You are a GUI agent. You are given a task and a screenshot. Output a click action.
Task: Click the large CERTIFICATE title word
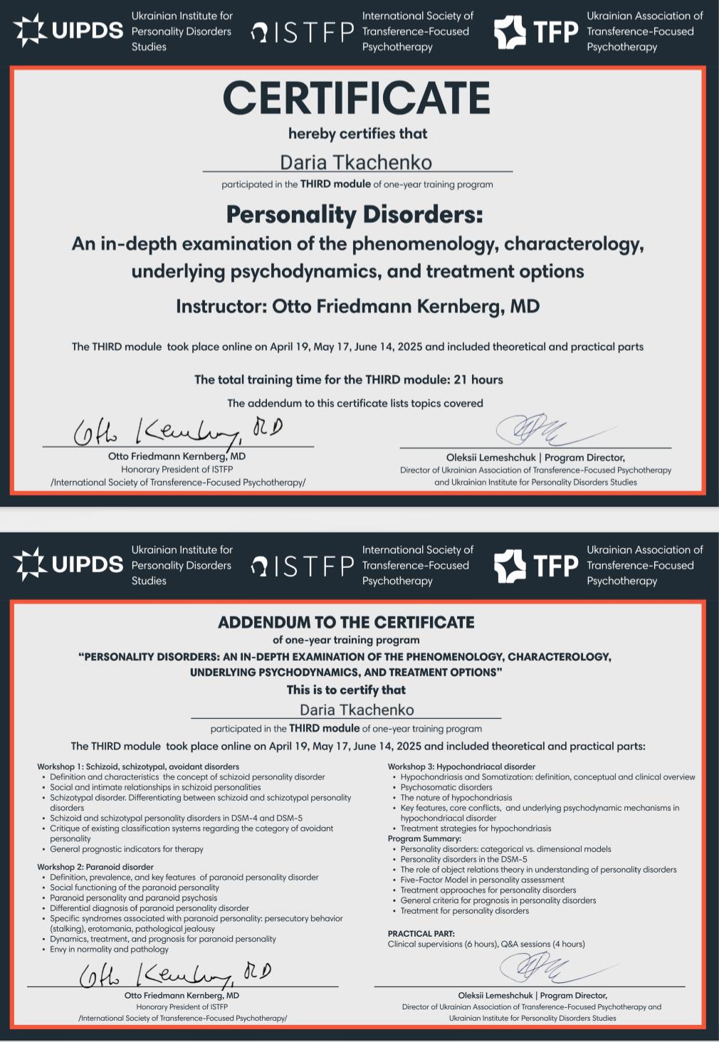click(x=357, y=98)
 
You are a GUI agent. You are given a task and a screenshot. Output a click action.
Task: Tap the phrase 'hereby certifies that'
click(x=357, y=134)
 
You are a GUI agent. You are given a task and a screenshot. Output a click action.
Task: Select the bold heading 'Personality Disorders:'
click(x=355, y=214)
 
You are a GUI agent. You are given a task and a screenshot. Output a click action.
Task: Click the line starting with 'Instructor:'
click(x=357, y=306)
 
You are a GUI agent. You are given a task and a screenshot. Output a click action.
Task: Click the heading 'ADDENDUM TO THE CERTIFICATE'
click(x=346, y=622)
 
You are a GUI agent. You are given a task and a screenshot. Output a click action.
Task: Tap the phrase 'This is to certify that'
click(x=346, y=690)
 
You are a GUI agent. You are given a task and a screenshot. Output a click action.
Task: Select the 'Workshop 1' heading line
click(x=138, y=767)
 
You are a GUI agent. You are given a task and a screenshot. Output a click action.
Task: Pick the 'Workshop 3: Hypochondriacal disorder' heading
click(x=461, y=767)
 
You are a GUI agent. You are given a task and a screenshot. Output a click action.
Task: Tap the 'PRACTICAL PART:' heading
click(x=421, y=934)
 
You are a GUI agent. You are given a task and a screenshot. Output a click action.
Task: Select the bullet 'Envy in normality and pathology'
click(x=109, y=949)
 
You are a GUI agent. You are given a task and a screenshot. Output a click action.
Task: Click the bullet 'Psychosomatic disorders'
click(x=446, y=787)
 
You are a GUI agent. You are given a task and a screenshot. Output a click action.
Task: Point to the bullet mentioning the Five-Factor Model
click(x=482, y=880)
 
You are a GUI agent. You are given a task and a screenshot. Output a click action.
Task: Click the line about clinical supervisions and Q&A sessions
click(x=486, y=944)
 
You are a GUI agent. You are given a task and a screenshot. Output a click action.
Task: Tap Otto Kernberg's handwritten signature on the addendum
click(x=174, y=973)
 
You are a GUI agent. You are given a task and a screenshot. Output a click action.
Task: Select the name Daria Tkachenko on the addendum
click(x=357, y=710)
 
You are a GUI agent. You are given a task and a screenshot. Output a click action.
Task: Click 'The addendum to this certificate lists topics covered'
click(x=355, y=403)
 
